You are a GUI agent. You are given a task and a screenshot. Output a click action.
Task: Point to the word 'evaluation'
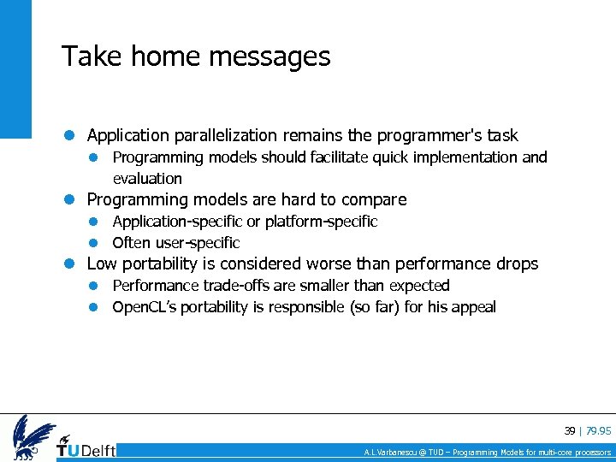(147, 179)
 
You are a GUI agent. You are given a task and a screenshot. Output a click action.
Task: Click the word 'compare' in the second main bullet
(374, 200)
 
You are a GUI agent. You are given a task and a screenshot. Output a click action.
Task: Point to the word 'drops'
(517, 264)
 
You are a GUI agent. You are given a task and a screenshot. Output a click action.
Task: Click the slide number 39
(569, 430)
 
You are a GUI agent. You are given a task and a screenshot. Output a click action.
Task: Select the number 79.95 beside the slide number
(598, 430)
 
